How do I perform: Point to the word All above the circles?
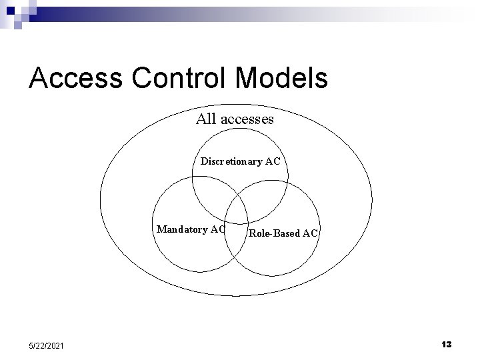[207, 119]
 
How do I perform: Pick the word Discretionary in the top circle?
[231, 161]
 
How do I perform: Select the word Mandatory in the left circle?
[181, 229]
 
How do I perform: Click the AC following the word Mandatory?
[217, 229]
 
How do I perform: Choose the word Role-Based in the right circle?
[274, 233]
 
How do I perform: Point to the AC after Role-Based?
[311, 233]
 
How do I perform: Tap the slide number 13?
[446, 344]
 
